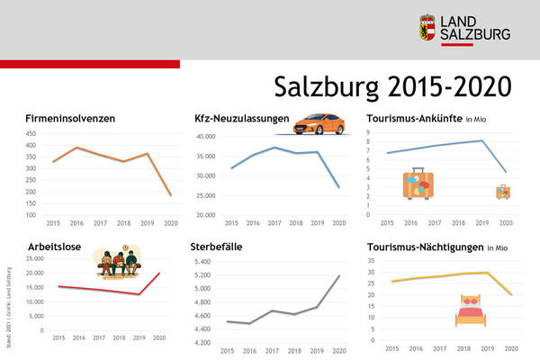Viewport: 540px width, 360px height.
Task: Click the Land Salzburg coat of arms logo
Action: coord(427,27)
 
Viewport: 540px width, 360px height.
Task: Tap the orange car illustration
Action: coord(322,123)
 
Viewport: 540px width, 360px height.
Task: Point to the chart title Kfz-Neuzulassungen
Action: coord(241,118)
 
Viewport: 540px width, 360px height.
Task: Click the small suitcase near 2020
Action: coord(503,192)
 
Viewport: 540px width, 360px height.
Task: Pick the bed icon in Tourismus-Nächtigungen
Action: coord(471,310)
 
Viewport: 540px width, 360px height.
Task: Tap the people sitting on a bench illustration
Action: coord(119,263)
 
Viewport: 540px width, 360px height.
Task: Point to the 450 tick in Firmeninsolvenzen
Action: coord(31,131)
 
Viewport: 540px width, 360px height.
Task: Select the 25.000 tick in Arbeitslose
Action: coord(30,258)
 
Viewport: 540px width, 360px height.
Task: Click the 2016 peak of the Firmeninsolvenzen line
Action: coord(76,148)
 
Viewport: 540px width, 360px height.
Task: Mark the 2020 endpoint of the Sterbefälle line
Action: coord(339,275)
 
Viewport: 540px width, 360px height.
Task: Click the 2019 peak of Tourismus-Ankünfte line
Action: coord(482,140)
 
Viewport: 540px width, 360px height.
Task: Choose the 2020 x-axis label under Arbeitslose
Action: coord(159,337)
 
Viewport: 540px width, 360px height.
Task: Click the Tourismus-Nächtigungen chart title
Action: coord(425,245)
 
